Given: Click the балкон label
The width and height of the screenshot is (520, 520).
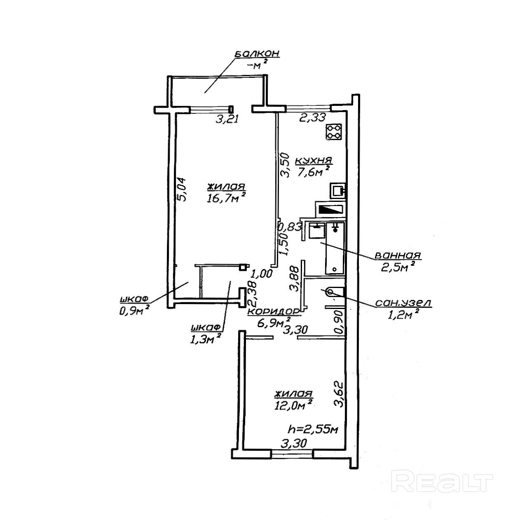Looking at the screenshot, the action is point(257,54).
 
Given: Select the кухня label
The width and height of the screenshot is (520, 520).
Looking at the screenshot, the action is point(314,160).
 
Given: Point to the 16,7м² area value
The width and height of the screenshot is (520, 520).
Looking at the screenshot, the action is point(227,198).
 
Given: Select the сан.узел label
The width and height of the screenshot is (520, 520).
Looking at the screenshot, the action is point(403,303).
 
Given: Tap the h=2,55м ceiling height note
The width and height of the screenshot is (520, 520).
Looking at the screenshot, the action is point(312,430).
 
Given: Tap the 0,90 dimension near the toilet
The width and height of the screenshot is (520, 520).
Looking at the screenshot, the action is point(339,322).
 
